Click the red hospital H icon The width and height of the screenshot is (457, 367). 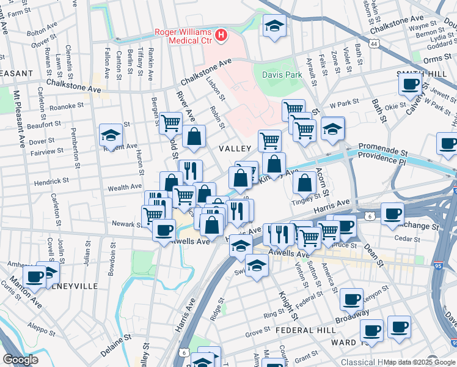coord(221,36)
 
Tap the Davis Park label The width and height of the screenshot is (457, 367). coord(282,75)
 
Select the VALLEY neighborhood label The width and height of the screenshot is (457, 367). coord(235,149)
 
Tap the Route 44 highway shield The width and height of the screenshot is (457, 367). coord(373,44)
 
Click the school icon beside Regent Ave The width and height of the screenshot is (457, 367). coord(111,135)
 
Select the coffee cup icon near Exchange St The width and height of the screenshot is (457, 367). coord(392,214)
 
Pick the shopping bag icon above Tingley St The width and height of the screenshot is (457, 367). coord(304,182)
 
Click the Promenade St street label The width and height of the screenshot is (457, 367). coord(382,147)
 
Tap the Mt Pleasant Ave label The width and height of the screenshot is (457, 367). coord(20,125)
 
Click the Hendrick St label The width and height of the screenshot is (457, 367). coord(51,182)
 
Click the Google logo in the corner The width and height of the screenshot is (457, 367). coord(20,360)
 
